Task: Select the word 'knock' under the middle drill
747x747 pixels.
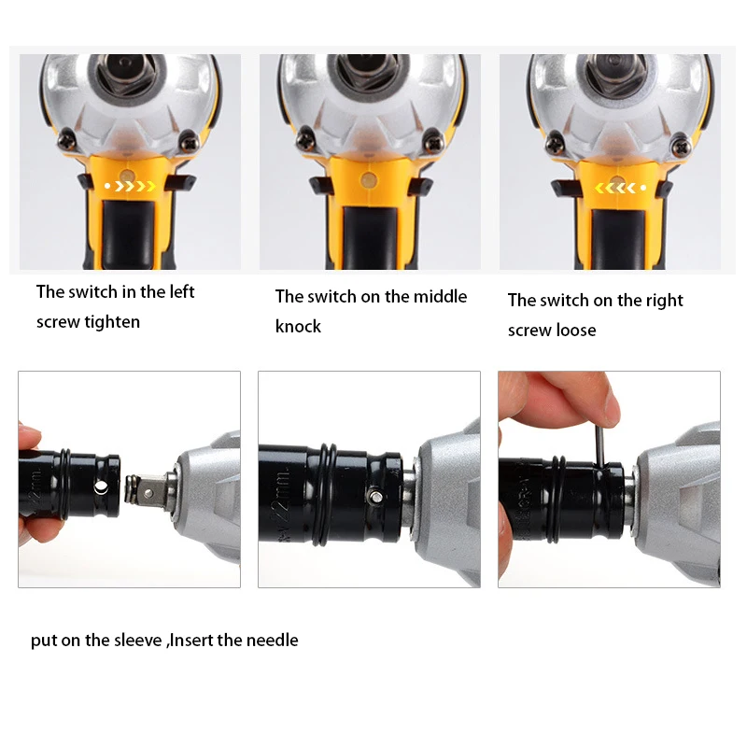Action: pos(298,326)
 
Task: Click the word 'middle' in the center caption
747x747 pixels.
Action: pos(440,296)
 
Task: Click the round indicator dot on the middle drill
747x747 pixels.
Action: pos(368,180)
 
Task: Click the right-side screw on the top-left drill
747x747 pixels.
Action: pos(190,141)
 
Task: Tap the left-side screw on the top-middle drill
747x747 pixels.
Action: pos(305,141)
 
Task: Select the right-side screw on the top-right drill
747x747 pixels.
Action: pos(682,147)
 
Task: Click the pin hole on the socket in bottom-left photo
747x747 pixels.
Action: pos(101,487)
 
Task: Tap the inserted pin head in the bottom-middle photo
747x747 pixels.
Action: pos(375,497)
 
